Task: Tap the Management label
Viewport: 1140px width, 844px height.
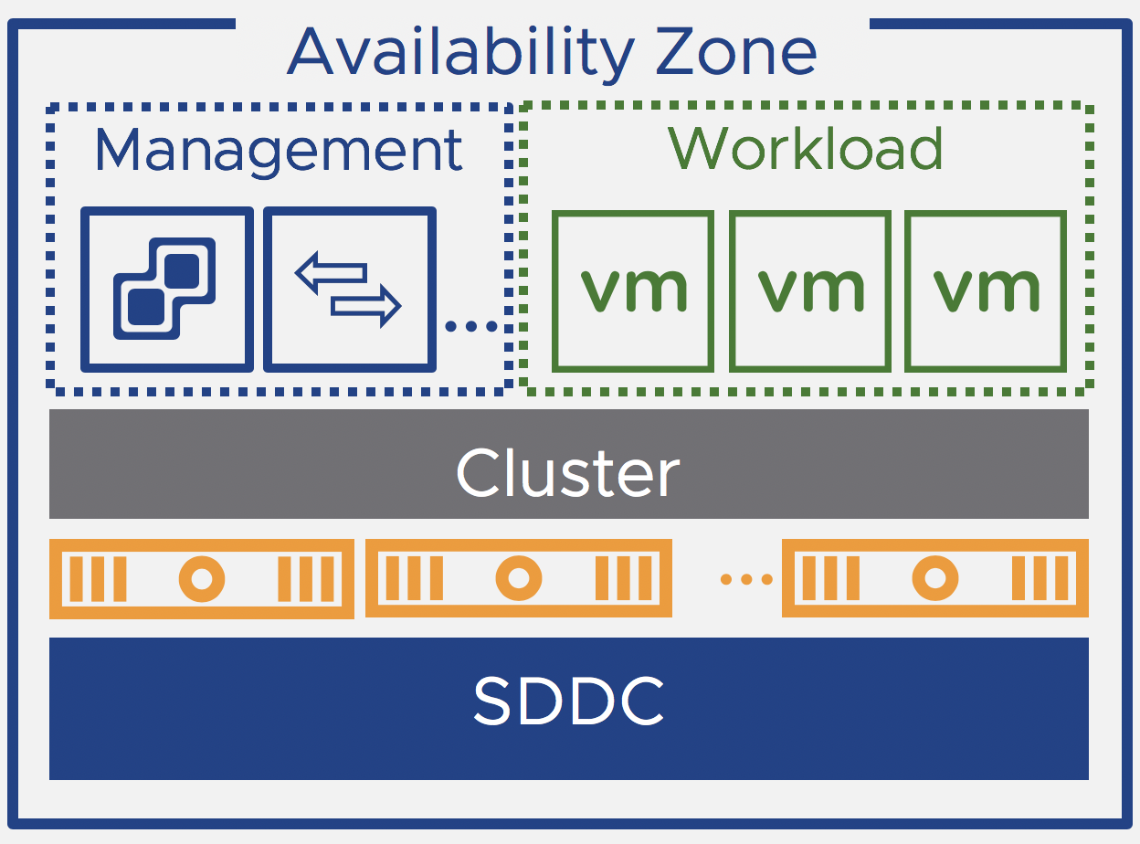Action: [x=279, y=150]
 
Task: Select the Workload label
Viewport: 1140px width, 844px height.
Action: [x=806, y=148]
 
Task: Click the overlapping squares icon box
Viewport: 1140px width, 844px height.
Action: [x=166, y=290]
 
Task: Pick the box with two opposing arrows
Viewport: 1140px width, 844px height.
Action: [x=350, y=290]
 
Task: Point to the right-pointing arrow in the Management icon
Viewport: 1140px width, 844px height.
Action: [x=366, y=306]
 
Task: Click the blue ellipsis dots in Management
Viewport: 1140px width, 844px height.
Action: [x=471, y=326]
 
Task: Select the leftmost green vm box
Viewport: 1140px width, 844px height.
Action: [x=633, y=291]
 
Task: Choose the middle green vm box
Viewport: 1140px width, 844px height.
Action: [x=810, y=291]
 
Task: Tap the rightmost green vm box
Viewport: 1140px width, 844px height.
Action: [x=986, y=291]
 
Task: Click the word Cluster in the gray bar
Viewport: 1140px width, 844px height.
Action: [x=568, y=473]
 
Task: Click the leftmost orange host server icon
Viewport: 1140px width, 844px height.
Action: [x=202, y=578]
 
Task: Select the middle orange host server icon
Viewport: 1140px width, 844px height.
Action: [x=519, y=578]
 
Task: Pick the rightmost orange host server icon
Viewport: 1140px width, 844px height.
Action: [x=935, y=578]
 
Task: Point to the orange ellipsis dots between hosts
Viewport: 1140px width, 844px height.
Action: [x=745, y=579]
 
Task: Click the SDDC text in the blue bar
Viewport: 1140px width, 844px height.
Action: [x=568, y=702]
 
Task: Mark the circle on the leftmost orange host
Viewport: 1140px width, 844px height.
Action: [x=202, y=578]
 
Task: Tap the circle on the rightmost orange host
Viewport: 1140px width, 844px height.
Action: [x=935, y=578]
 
